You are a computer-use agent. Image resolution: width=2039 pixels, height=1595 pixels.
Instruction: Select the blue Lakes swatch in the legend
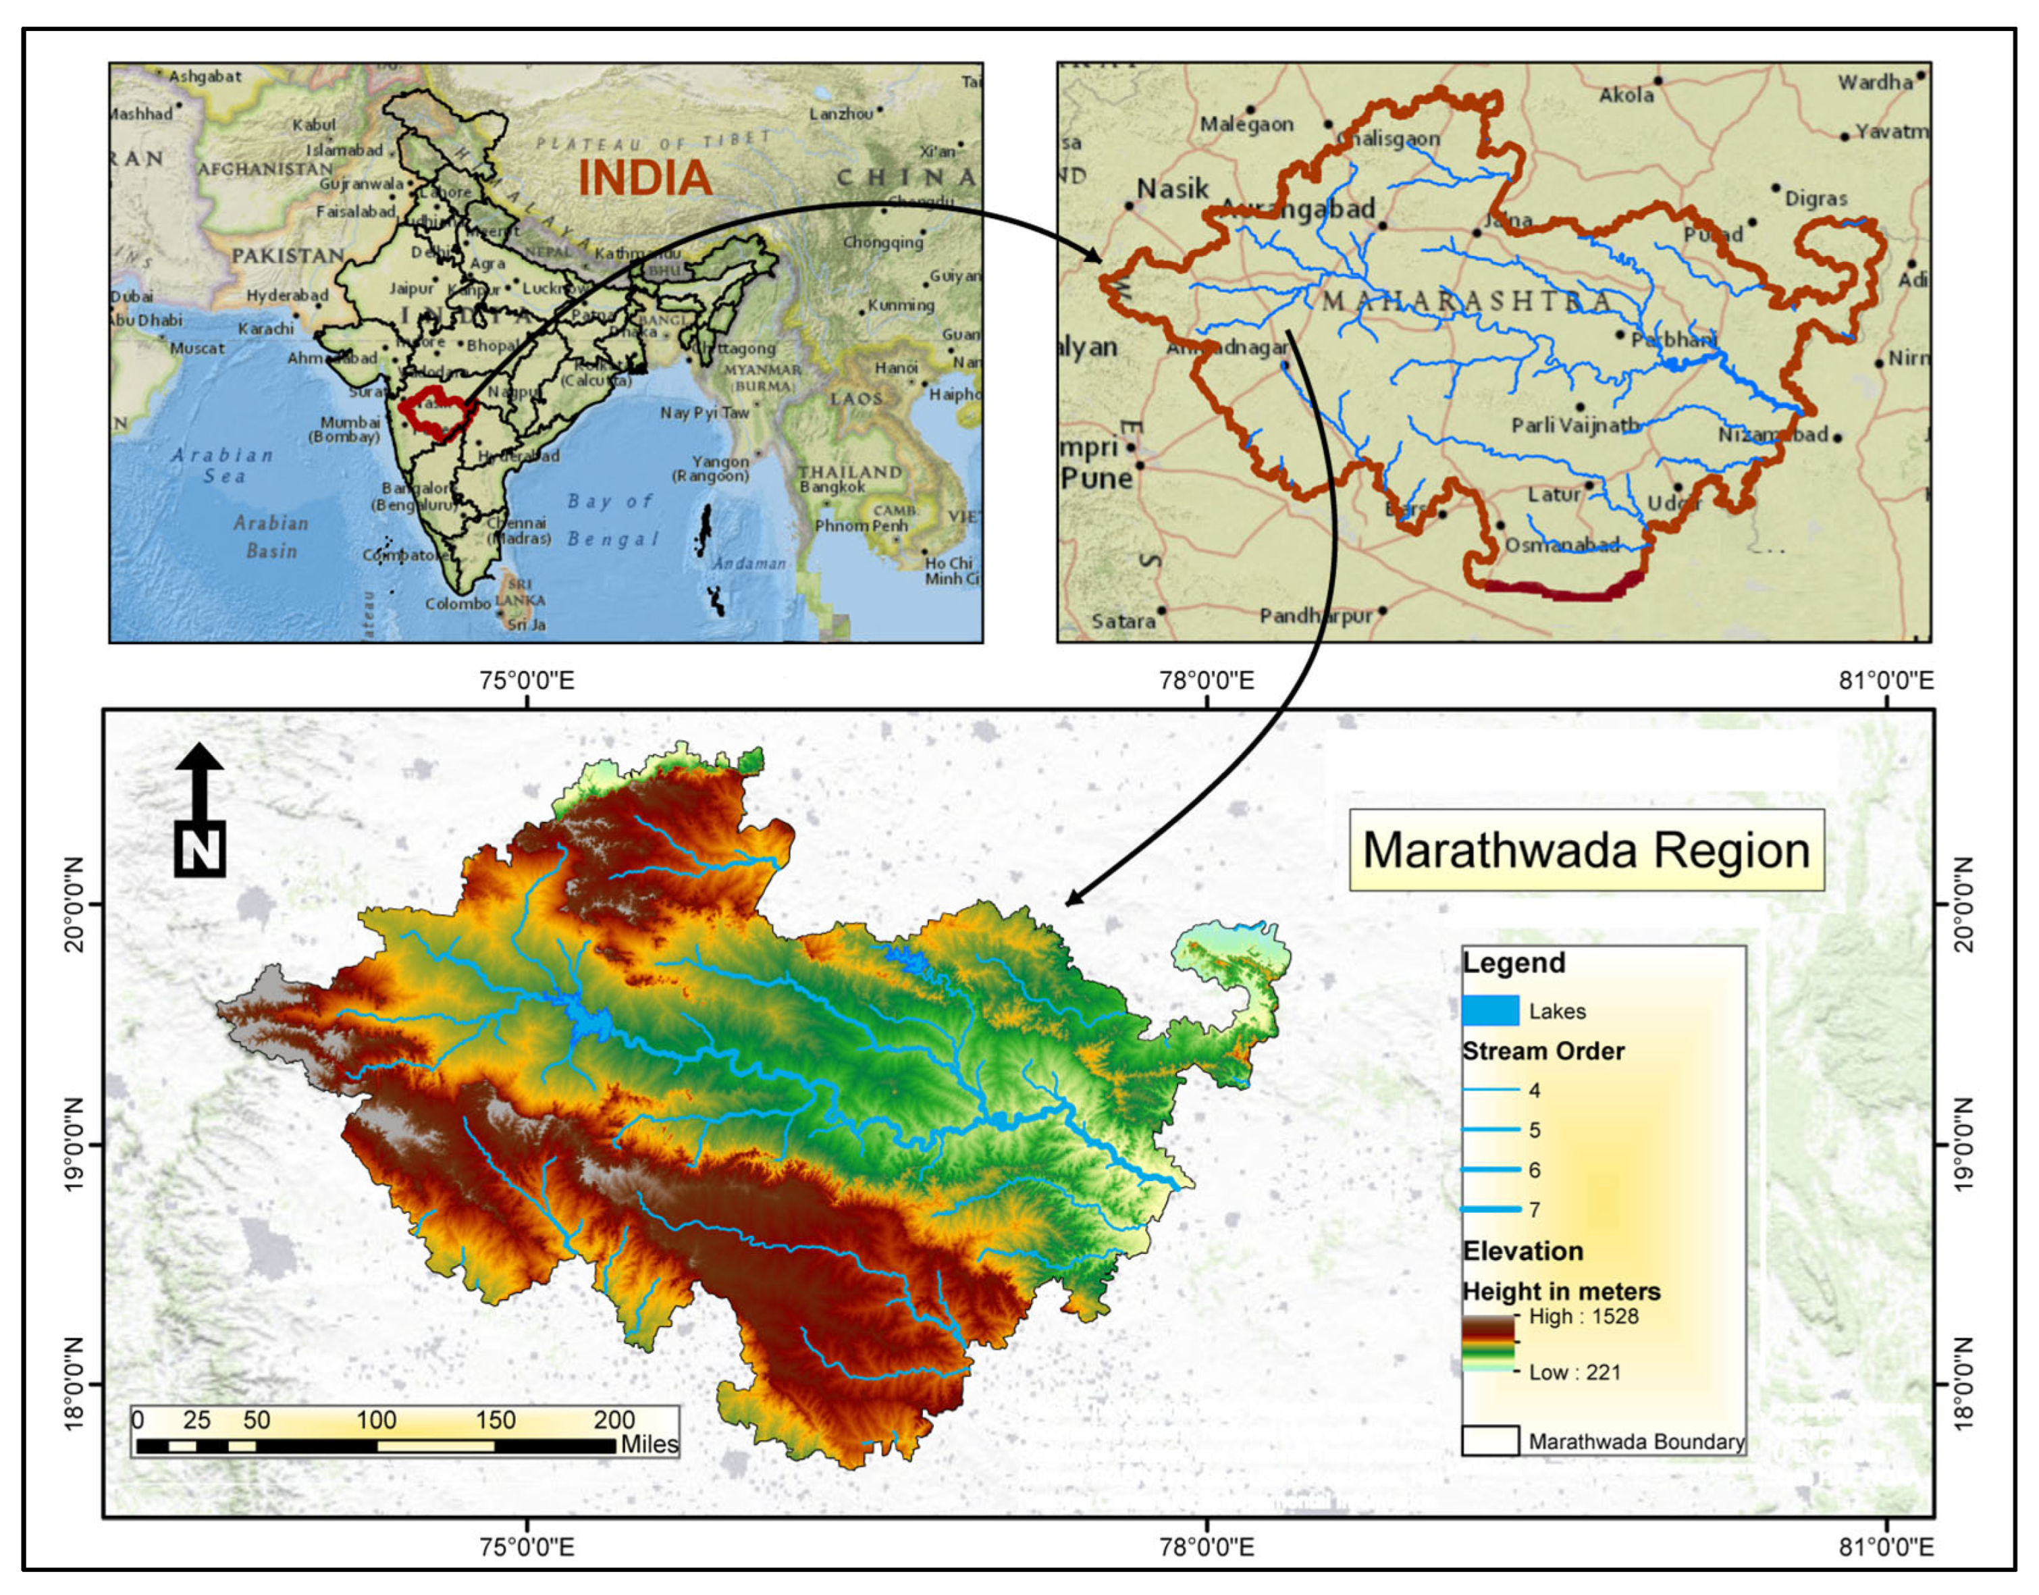tap(1490, 1010)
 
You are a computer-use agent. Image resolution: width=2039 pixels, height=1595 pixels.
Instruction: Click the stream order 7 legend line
tap(1490, 1209)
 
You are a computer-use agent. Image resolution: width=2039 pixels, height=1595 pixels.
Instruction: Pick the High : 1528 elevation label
tap(1583, 1317)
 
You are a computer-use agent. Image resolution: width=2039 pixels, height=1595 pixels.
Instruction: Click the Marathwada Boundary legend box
tap(1490, 1441)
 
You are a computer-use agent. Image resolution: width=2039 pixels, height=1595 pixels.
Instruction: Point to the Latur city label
tap(1554, 494)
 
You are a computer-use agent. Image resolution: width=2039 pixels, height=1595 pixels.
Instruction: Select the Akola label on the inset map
tap(1625, 95)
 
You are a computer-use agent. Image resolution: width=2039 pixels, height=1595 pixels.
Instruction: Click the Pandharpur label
tap(1315, 617)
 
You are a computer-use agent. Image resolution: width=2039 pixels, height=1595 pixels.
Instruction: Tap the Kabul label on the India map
tap(314, 125)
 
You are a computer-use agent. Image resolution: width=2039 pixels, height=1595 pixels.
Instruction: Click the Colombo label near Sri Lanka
tap(458, 604)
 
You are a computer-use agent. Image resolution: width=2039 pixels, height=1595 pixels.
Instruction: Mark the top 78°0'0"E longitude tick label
tap(1207, 680)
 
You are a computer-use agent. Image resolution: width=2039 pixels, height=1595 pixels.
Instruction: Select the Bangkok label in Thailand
tap(832, 486)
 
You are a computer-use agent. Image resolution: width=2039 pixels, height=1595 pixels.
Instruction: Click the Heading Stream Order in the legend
tap(1542, 1051)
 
